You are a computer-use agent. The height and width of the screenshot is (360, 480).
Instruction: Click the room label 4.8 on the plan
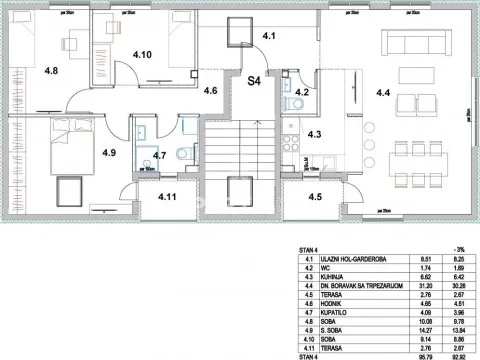click(x=50, y=72)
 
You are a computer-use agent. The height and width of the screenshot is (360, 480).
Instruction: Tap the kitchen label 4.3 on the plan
click(x=313, y=134)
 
